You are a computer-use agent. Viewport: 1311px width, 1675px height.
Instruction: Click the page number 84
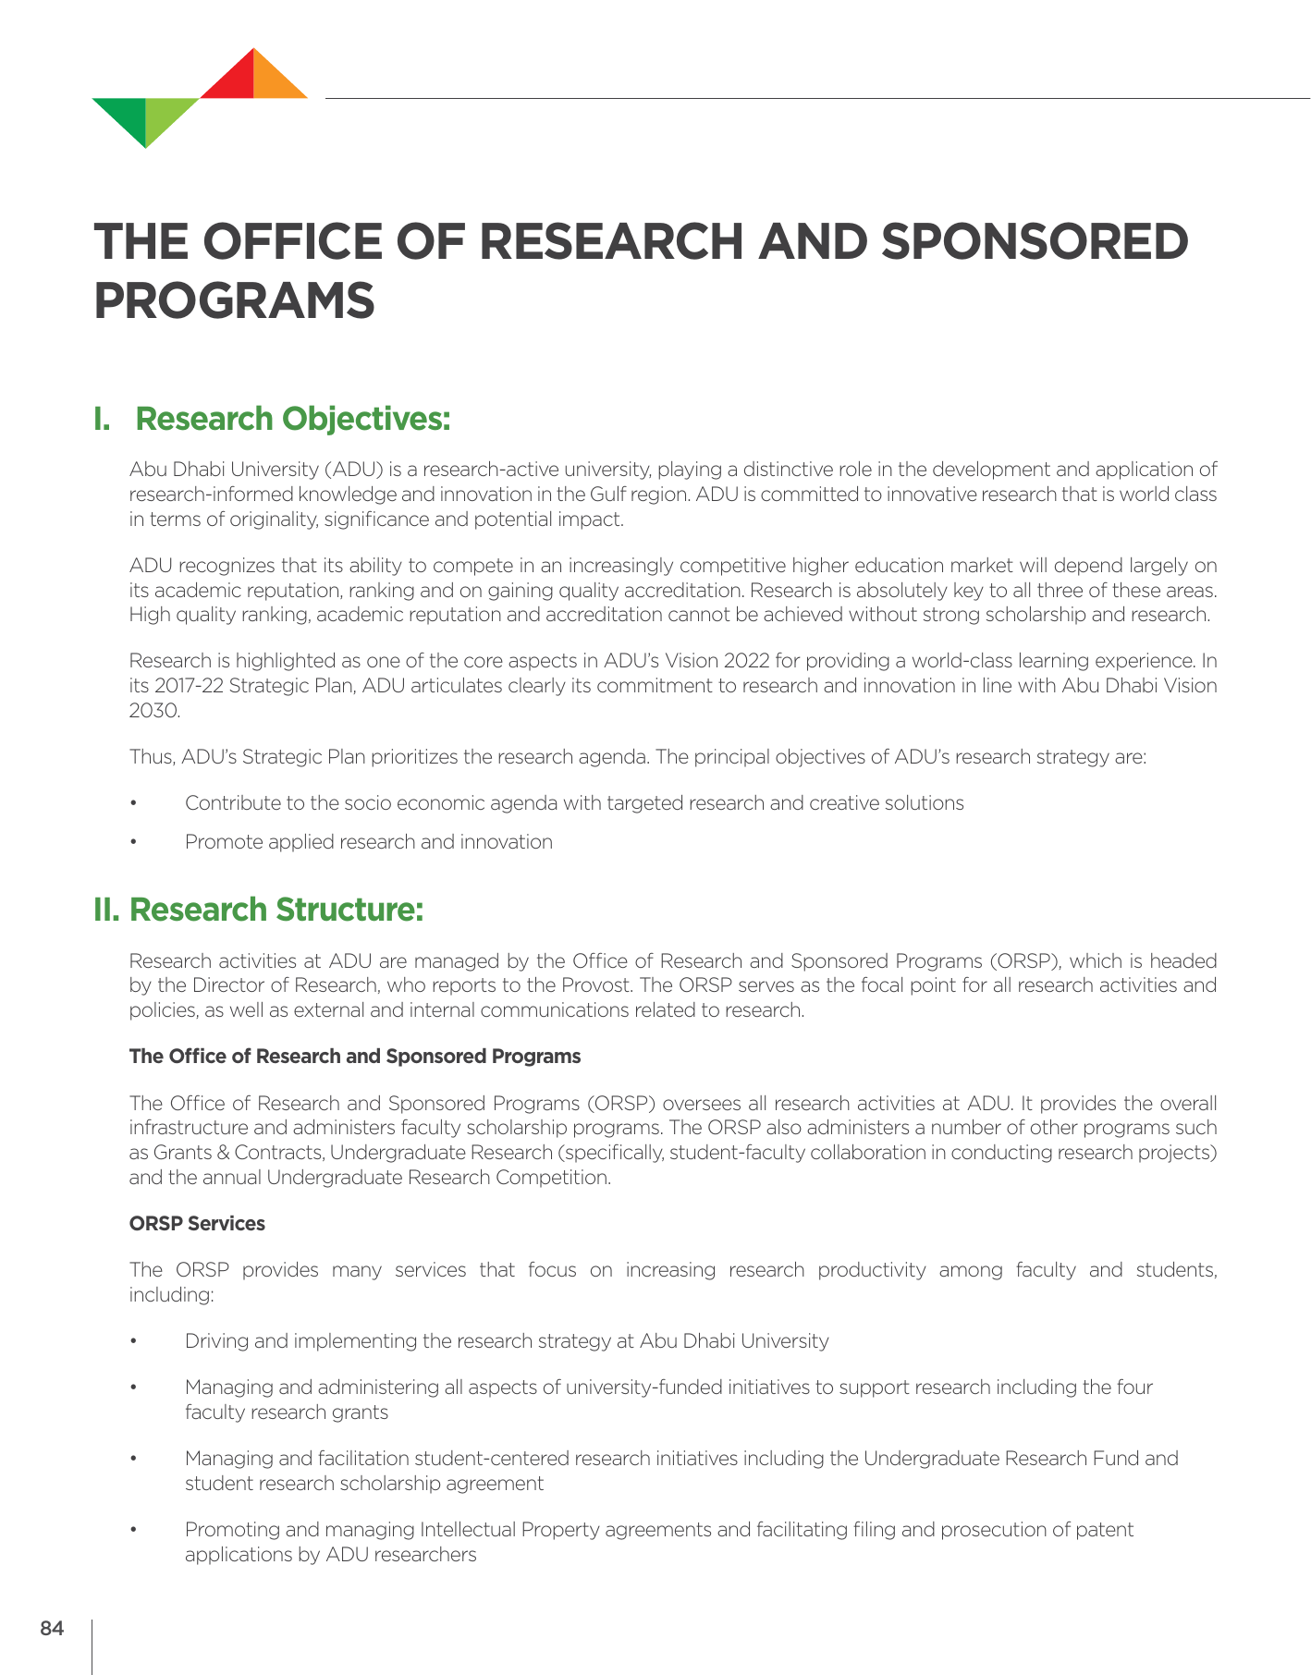(x=52, y=1629)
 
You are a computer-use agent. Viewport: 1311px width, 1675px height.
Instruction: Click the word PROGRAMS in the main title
(x=235, y=300)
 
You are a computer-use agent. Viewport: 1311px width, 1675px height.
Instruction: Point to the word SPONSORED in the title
(x=1035, y=241)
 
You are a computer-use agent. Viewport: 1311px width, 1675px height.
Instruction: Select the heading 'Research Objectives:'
(x=293, y=419)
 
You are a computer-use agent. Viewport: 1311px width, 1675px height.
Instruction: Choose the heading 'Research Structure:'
(x=276, y=910)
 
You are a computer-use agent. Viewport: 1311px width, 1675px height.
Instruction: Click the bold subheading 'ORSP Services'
(x=197, y=1224)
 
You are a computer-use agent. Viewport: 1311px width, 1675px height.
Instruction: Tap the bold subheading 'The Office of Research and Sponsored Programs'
(x=355, y=1057)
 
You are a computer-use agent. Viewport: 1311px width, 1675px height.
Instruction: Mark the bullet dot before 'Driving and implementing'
(x=134, y=1341)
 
